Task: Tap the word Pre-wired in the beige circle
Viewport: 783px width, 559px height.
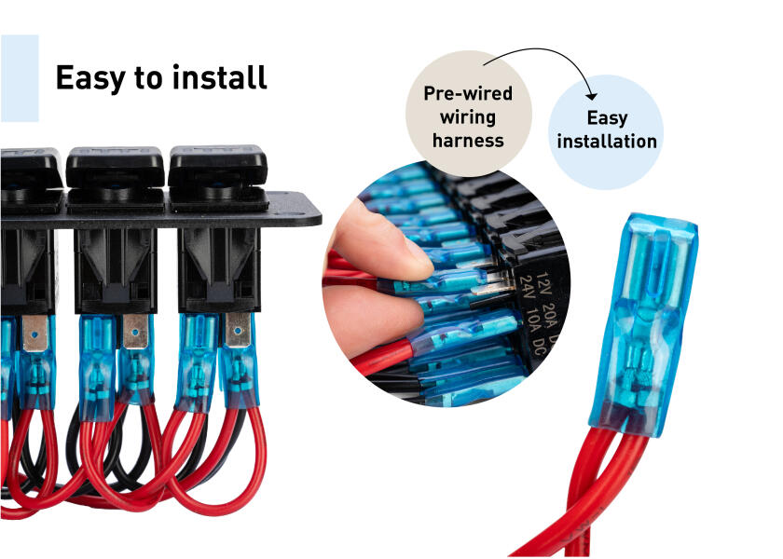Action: point(468,94)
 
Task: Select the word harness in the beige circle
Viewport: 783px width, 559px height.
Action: point(468,141)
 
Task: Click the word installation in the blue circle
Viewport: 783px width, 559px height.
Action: point(607,142)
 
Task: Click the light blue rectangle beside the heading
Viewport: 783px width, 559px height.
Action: point(19,78)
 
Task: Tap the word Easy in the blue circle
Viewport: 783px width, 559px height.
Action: point(607,118)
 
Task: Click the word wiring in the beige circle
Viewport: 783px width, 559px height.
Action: point(468,117)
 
